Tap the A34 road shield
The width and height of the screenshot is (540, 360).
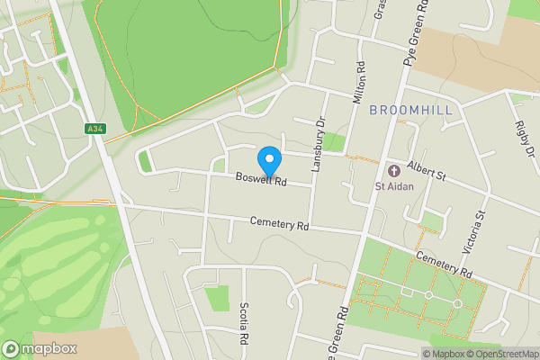coord(95,130)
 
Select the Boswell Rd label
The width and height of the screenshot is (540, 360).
coord(261,180)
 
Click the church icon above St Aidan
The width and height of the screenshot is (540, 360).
coord(392,170)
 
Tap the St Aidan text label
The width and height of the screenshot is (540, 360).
coord(392,187)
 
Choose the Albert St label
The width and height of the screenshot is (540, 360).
coord(426,168)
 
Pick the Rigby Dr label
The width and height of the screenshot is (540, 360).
coord(523,139)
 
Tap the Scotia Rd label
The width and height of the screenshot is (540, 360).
coord(244,324)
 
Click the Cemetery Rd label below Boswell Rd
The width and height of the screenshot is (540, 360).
coord(280,224)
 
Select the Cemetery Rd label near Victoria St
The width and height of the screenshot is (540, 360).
coord(445,264)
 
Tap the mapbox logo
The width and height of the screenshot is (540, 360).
coord(40,348)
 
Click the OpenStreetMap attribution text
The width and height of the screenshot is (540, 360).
coord(500,354)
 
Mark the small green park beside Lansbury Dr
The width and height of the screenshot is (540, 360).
coord(334,141)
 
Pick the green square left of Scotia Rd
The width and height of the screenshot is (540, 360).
coord(217,298)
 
